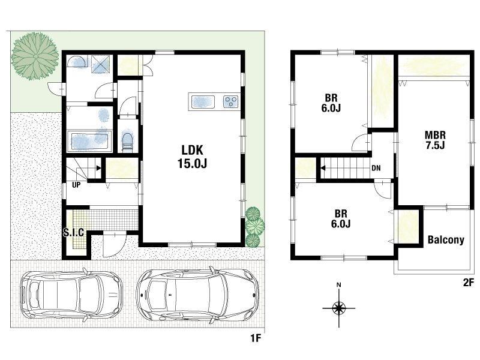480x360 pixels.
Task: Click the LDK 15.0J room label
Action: (192, 157)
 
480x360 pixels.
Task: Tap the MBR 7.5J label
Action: (434, 140)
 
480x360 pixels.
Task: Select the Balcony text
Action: (446, 239)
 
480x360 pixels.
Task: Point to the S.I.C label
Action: (73, 232)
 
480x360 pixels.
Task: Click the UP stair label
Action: (76, 185)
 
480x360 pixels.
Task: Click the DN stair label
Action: (376, 168)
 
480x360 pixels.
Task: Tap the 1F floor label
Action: (256, 338)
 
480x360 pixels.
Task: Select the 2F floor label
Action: (469, 283)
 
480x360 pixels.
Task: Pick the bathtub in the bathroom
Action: (89, 141)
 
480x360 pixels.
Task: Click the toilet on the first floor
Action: (127, 142)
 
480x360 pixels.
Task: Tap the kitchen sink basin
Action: (203, 101)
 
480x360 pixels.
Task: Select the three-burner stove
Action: (231, 101)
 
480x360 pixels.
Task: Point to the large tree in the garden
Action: (35, 56)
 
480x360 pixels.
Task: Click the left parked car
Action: (71, 295)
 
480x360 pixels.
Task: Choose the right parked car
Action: (198, 295)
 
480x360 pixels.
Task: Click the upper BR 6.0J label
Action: (331, 103)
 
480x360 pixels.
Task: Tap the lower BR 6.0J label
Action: (341, 218)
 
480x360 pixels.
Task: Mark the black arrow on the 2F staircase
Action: (323, 168)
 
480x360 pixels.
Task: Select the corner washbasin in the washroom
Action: (76, 62)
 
